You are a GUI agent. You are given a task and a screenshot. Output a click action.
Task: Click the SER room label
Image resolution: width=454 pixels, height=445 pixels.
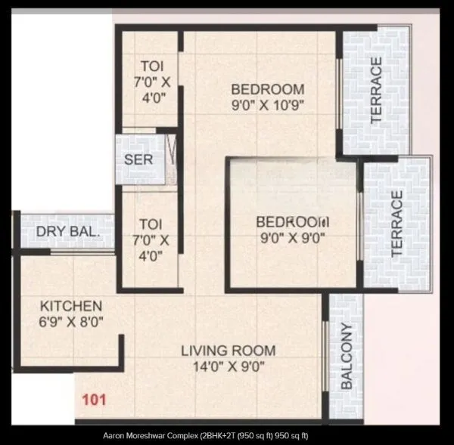click(138, 160)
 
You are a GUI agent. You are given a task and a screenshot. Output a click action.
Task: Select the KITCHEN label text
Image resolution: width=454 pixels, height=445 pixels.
click(70, 306)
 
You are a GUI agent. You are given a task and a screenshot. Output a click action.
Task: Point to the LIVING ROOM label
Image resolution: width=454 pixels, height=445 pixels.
click(227, 351)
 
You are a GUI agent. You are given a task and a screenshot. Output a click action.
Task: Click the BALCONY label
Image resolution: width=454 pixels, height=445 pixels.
click(347, 356)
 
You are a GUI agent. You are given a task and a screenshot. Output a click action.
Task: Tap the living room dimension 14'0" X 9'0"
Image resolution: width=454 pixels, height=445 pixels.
click(227, 367)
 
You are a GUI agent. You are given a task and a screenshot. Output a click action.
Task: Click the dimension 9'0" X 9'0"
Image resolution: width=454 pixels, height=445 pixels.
click(292, 239)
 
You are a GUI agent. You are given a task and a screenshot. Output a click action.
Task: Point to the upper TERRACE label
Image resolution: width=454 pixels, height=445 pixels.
click(375, 91)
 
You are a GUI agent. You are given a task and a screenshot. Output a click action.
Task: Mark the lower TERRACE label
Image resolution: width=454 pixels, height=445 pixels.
click(397, 224)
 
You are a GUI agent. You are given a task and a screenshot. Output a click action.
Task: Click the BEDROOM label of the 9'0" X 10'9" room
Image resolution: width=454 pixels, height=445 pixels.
click(268, 89)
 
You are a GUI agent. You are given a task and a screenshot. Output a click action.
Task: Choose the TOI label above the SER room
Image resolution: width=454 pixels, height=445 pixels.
click(148, 66)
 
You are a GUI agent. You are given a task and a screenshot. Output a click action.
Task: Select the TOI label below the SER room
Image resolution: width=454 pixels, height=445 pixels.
click(148, 224)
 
